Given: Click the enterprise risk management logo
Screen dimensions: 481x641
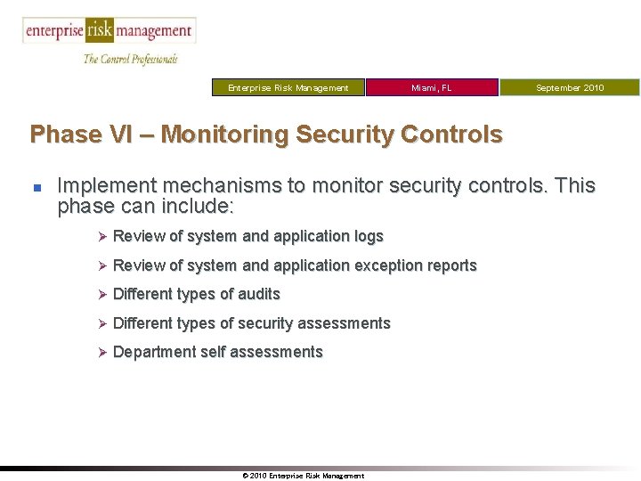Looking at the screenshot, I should pos(109,30).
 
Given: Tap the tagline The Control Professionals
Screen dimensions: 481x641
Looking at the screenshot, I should pos(130,59).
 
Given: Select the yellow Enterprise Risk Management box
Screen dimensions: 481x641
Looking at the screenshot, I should pos(288,87).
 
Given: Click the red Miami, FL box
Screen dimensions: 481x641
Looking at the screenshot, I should pos(432,87).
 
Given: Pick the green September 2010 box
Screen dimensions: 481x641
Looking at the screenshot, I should pos(569,87).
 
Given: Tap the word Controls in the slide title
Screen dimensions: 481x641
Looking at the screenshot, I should pos(451,135).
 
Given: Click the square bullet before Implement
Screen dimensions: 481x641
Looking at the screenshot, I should pos(36,187).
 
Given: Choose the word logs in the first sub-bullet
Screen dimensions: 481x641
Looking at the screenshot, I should pos(368,236).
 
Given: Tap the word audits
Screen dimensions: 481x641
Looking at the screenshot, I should pos(259,294).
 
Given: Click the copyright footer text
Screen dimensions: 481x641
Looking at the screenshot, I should pos(303,476).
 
